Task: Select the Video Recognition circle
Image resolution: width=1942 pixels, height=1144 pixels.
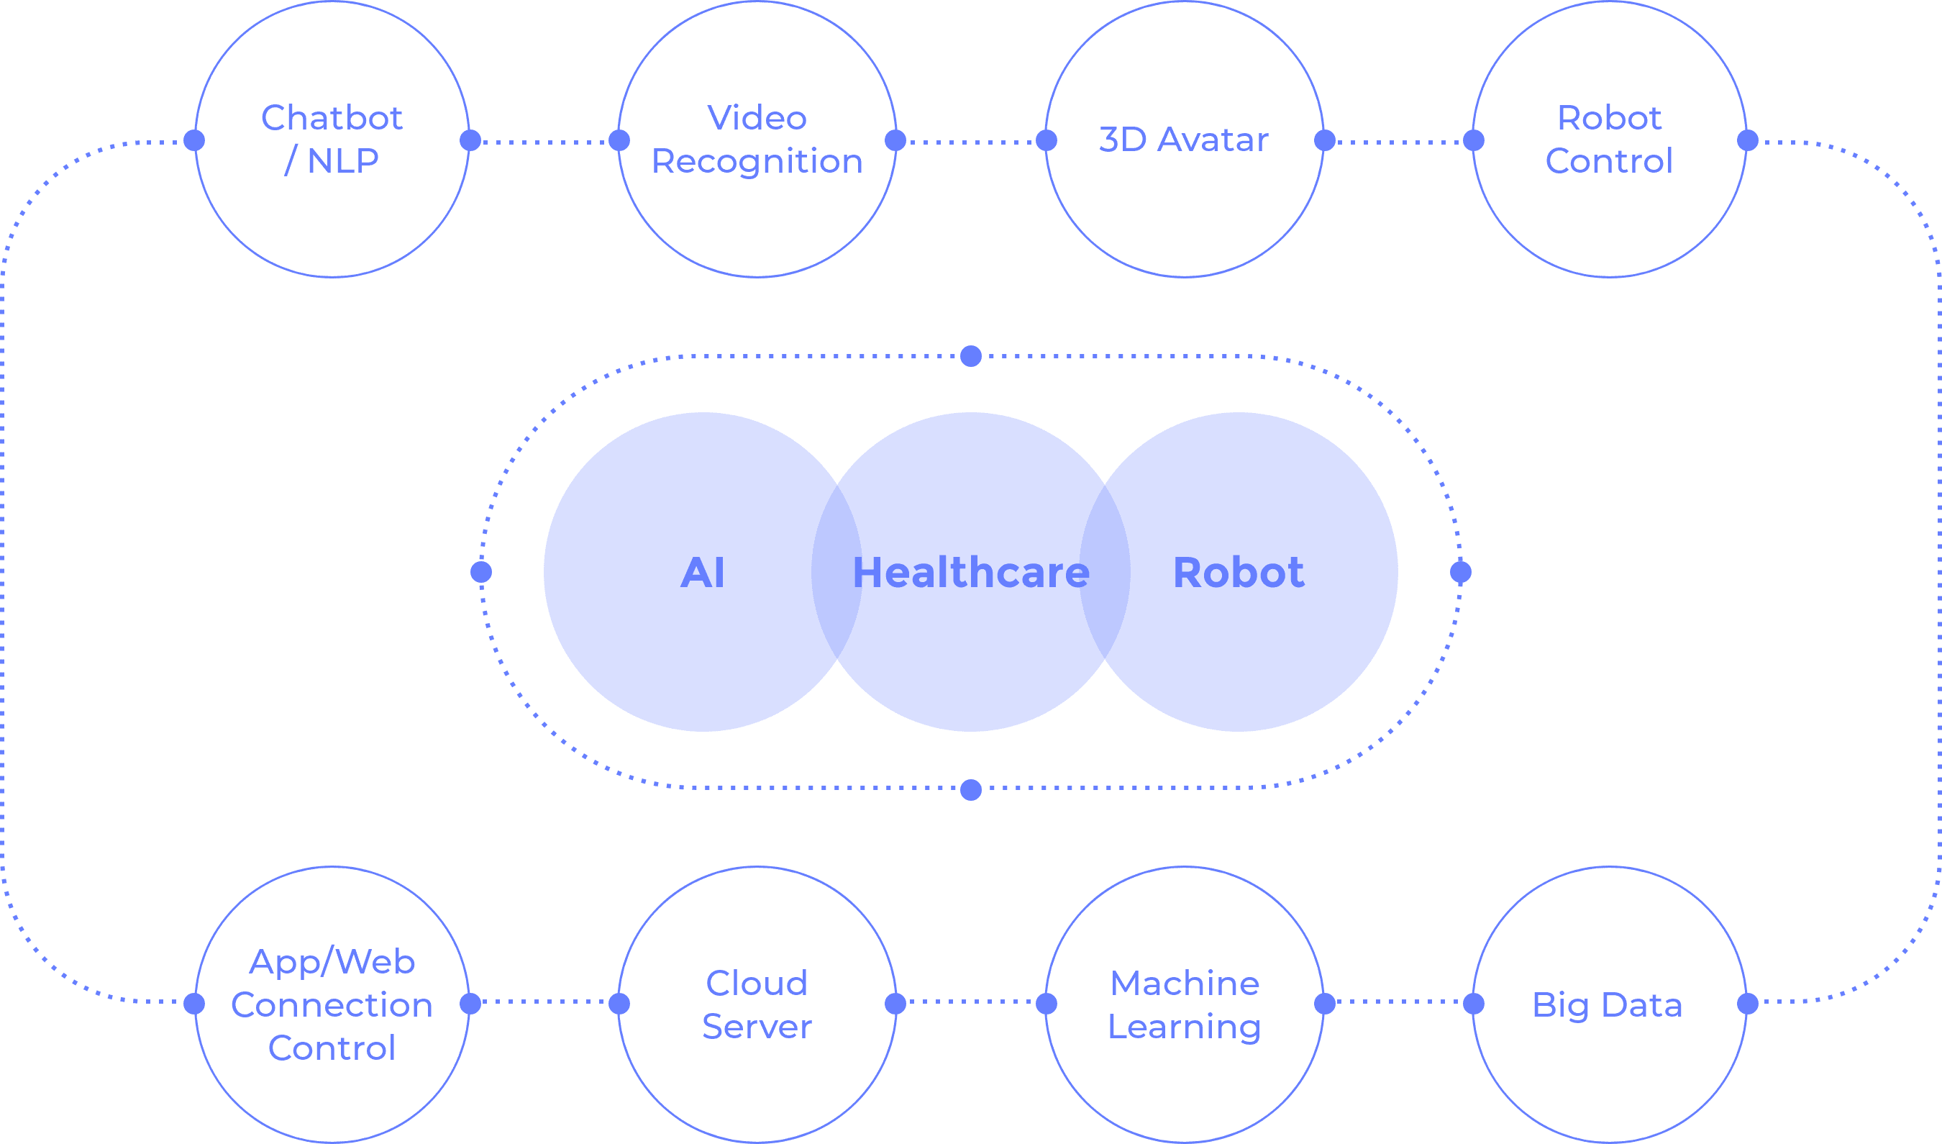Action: click(x=757, y=208)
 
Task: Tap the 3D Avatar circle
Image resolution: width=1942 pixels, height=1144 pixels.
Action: click(x=1185, y=208)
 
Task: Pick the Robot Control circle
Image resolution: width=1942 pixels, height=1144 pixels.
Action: click(x=1610, y=208)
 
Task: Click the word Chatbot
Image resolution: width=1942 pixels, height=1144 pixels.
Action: click(x=332, y=118)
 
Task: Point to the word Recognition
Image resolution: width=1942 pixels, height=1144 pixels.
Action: click(x=757, y=161)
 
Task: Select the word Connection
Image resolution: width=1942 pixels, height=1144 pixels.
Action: click(x=332, y=1004)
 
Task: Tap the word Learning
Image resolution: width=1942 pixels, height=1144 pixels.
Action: click(x=1185, y=1027)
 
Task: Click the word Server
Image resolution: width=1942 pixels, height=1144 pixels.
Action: click(x=757, y=1027)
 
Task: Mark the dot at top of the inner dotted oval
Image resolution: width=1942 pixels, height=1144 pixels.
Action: click(x=971, y=356)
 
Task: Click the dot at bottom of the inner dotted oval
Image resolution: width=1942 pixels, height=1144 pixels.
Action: click(x=971, y=790)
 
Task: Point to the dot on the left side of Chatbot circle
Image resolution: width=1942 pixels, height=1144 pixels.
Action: click(x=194, y=140)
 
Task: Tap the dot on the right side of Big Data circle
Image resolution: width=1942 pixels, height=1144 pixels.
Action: click(x=1749, y=1004)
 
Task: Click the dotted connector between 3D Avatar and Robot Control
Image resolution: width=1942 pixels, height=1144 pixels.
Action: click(x=1400, y=142)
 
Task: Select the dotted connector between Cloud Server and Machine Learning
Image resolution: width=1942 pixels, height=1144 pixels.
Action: click(x=971, y=1002)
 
